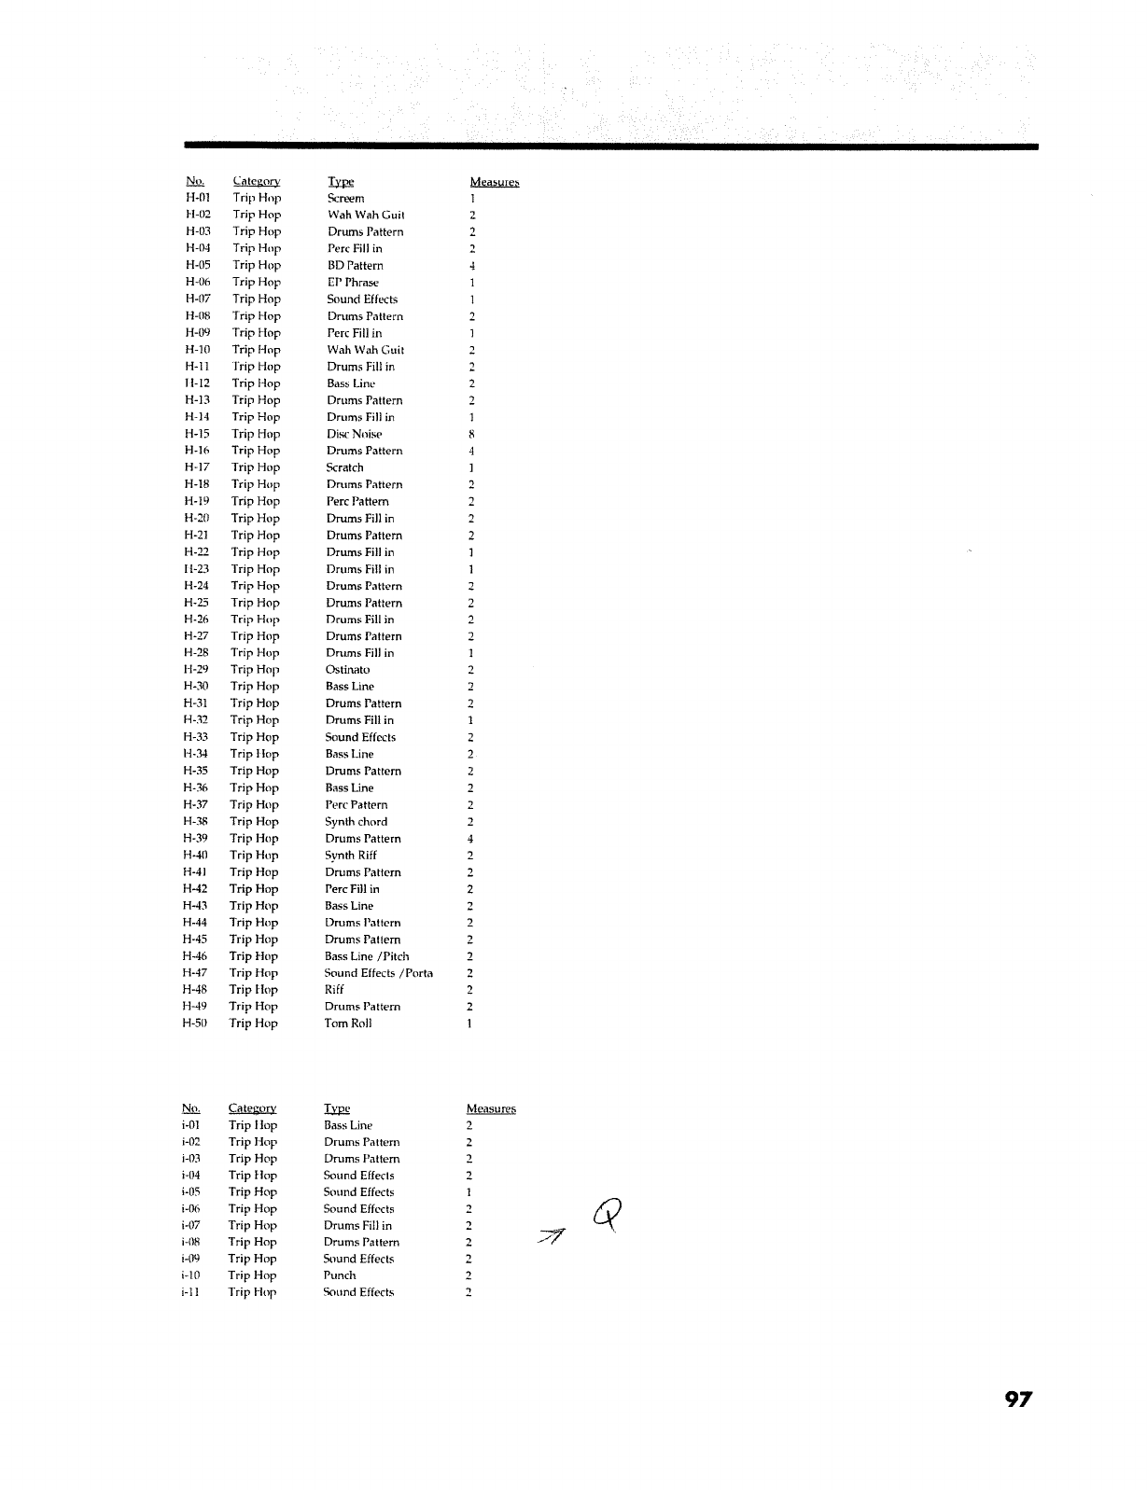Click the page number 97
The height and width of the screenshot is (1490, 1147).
coord(1019,1399)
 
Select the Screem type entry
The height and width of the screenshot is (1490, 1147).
coord(345,198)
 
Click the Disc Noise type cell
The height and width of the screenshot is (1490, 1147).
coord(354,434)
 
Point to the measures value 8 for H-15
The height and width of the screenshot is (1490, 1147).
coord(472,434)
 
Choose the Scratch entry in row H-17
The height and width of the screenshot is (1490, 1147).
coord(344,467)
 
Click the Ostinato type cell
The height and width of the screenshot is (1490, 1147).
coord(347,670)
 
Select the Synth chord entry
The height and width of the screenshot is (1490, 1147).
coord(356,822)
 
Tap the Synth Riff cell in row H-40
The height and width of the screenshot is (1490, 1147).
coord(350,856)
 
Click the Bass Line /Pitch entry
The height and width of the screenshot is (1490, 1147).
coord(367,956)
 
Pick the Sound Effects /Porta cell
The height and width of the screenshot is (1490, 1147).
coord(378,973)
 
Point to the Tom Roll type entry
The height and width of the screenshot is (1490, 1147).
coord(347,1024)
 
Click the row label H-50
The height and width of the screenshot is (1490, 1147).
coord(193,1024)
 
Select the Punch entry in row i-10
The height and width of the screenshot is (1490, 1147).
coord(339,1275)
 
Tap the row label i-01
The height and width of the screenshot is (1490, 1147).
coord(190,1125)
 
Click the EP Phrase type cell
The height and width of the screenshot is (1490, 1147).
coord(353,282)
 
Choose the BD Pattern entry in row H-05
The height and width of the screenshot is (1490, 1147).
coord(355,265)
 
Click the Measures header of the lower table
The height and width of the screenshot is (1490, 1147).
coord(491,1108)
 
